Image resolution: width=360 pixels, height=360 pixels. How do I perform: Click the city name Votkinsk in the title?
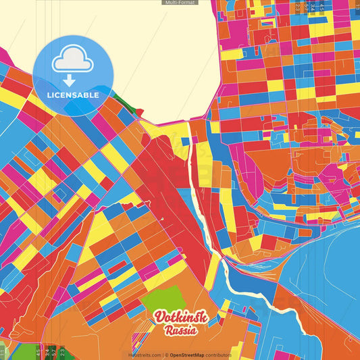(x=181, y=317)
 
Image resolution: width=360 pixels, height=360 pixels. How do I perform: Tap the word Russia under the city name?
(x=181, y=330)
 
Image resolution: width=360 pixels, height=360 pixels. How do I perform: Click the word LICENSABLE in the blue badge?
(x=72, y=95)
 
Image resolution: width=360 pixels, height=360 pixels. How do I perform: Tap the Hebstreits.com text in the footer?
(x=145, y=355)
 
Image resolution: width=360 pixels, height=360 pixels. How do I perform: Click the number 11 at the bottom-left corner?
(x=3, y=352)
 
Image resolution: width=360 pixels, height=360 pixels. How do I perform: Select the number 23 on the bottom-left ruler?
(x=62, y=351)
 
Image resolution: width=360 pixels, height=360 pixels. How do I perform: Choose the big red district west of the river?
(x=162, y=182)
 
